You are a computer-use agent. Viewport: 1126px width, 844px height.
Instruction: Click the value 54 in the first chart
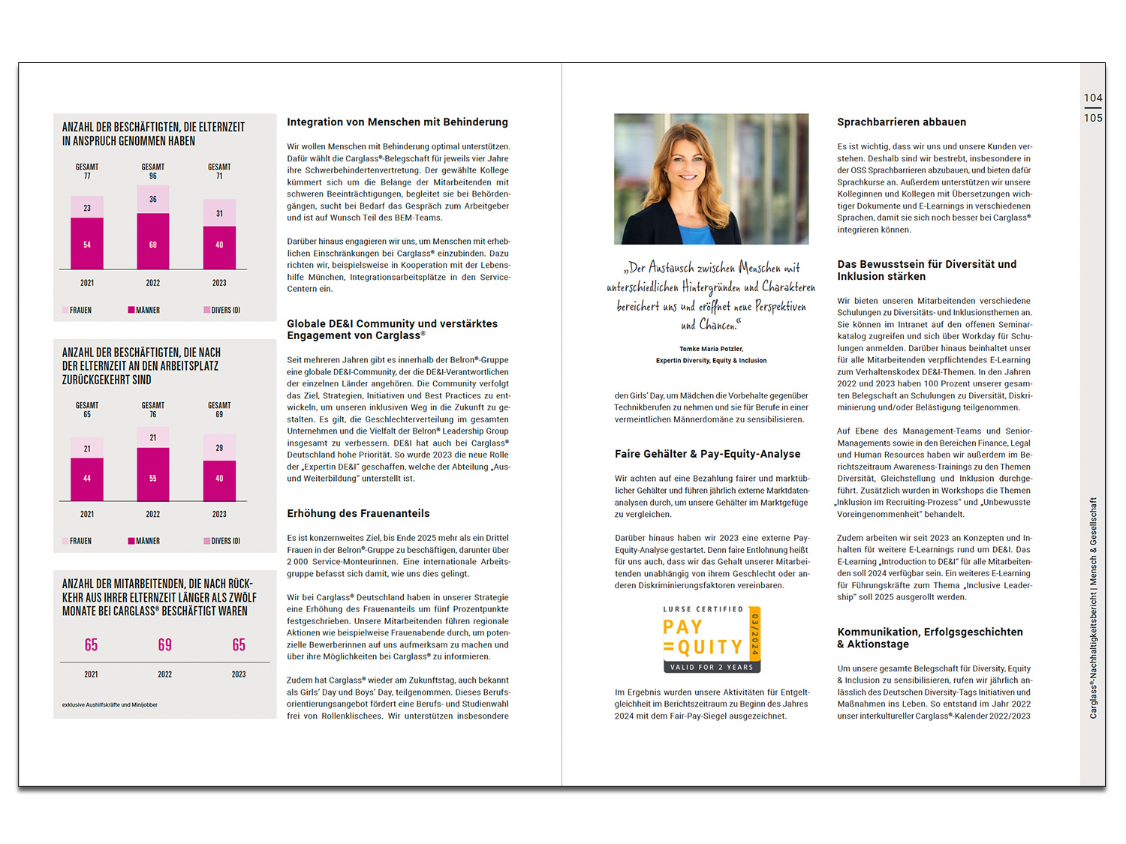tap(87, 245)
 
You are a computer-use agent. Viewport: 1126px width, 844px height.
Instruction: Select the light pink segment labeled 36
tap(153, 200)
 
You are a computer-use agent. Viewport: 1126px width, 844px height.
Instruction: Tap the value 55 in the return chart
tap(153, 478)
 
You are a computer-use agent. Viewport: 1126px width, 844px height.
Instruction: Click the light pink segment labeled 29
tap(219, 448)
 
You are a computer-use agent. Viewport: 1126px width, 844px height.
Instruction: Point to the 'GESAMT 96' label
tap(153, 172)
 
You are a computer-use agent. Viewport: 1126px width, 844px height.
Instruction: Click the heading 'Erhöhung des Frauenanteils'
tap(358, 514)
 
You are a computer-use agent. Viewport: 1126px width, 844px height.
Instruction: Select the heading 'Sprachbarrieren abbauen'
tap(902, 122)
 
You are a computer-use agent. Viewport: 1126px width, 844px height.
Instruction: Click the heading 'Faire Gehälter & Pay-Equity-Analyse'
tap(707, 454)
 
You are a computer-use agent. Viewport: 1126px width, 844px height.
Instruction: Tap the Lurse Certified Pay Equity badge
tap(712, 638)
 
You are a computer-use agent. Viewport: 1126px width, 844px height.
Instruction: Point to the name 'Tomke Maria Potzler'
tap(711, 349)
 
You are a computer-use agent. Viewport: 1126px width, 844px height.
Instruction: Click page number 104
tap(1093, 98)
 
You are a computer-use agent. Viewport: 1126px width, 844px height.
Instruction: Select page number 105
tap(1093, 118)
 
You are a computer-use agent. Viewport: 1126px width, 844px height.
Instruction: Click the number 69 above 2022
tap(165, 645)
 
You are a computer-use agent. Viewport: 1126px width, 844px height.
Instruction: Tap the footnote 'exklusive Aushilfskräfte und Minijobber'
tap(110, 705)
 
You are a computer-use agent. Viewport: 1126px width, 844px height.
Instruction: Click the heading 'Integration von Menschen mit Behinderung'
tap(397, 122)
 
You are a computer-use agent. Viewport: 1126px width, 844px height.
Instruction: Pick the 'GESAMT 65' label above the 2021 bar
tap(87, 410)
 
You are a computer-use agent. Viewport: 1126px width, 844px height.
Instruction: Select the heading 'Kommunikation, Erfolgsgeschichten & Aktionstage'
tap(929, 638)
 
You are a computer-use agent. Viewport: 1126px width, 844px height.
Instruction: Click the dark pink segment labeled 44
tap(87, 478)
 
